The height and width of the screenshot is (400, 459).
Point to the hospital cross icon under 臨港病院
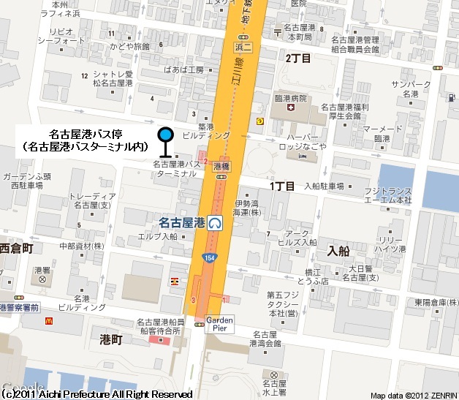point(291,108)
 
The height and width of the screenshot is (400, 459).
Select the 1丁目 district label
point(282,186)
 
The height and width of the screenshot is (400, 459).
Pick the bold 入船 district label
point(339,250)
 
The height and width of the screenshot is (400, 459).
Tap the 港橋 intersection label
point(222,167)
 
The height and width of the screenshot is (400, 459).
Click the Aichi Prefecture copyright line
point(98,394)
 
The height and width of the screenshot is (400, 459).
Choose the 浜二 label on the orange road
point(243,48)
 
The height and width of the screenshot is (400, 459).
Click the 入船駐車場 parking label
point(324,186)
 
